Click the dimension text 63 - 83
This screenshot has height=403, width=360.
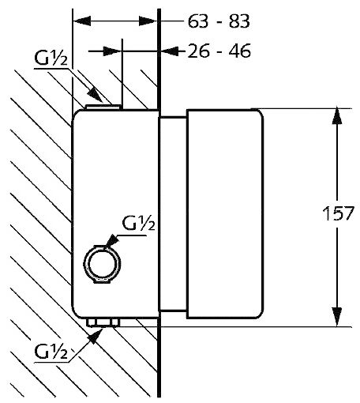pos(219,21)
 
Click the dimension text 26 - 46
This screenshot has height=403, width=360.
pos(219,51)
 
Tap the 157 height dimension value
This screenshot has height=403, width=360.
pos(339,213)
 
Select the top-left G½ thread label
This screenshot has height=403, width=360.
pos(51,59)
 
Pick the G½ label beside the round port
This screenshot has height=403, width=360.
pos(138,224)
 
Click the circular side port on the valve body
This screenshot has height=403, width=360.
pos(102,264)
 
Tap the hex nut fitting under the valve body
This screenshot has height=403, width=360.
pos(103,322)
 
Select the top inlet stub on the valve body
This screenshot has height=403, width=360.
pos(103,107)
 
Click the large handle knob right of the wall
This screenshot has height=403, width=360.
pos(225,214)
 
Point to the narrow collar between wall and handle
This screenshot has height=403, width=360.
pos(174,214)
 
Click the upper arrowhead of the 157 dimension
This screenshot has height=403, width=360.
pos(337,115)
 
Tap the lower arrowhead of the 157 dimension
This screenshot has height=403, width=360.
pos(337,318)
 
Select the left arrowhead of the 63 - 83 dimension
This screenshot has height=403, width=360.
pos(81,21)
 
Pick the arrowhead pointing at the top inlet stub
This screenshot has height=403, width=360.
pos(95,95)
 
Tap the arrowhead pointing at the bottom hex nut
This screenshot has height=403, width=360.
pos(96,336)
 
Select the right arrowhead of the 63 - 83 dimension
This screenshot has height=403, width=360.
pos(148,21)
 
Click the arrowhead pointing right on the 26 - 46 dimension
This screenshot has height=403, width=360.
pos(111,51)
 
